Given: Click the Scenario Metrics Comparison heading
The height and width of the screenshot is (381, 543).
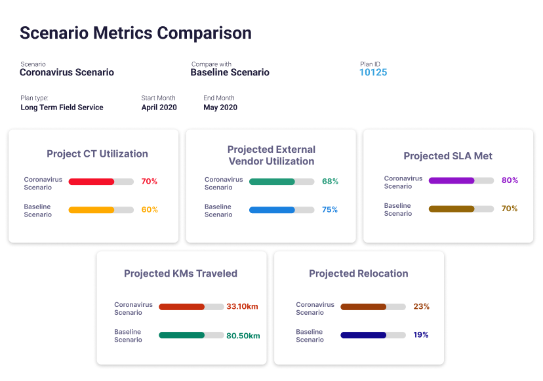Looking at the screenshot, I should pyautogui.click(x=135, y=33).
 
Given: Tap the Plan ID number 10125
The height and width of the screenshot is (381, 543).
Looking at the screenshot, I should pyautogui.click(x=373, y=72).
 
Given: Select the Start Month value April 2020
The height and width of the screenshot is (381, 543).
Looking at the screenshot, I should pyautogui.click(x=159, y=108).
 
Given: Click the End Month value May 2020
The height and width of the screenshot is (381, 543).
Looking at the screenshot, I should pyautogui.click(x=220, y=108).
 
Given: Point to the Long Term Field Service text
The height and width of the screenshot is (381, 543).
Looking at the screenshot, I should pyautogui.click(x=62, y=108).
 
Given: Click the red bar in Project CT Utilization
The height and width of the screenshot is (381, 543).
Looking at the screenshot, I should pyautogui.click(x=92, y=182).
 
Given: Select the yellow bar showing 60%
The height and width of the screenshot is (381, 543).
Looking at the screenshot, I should pyautogui.click(x=92, y=211).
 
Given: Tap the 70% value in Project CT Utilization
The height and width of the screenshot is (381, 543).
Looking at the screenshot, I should pyautogui.click(x=150, y=182).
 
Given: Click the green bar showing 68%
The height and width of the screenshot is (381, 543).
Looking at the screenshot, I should pyautogui.click(x=272, y=182).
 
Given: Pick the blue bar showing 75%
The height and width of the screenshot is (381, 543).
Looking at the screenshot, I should pyautogui.click(x=272, y=210).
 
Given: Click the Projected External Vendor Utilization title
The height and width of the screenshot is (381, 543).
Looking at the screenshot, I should pyautogui.click(x=271, y=155).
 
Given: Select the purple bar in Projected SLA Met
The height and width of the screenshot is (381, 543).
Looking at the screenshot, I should pyautogui.click(x=451, y=180).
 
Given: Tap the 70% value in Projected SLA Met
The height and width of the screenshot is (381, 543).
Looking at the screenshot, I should pyautogui.click(x=510, y=209).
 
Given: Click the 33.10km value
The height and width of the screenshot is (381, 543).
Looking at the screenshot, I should pyautogui.click(x=242, y=306).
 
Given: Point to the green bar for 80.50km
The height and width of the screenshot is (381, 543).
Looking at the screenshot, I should pyautogui.click(x=182, y=335).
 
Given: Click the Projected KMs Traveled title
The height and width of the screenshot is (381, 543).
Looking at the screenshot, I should pyautogui.click(x=180, y=273).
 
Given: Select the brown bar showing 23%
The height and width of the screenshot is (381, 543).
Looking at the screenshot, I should pyautogui.click(x=363, y=306).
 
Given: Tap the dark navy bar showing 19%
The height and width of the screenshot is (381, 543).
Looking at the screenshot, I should pyautogui.click(x=363, y=335).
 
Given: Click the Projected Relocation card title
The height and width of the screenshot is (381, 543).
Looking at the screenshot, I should pyautogui.click(x=359, y=273).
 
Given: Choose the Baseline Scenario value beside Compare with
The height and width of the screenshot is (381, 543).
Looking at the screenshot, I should pyautogui.click(x=230, y=72).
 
